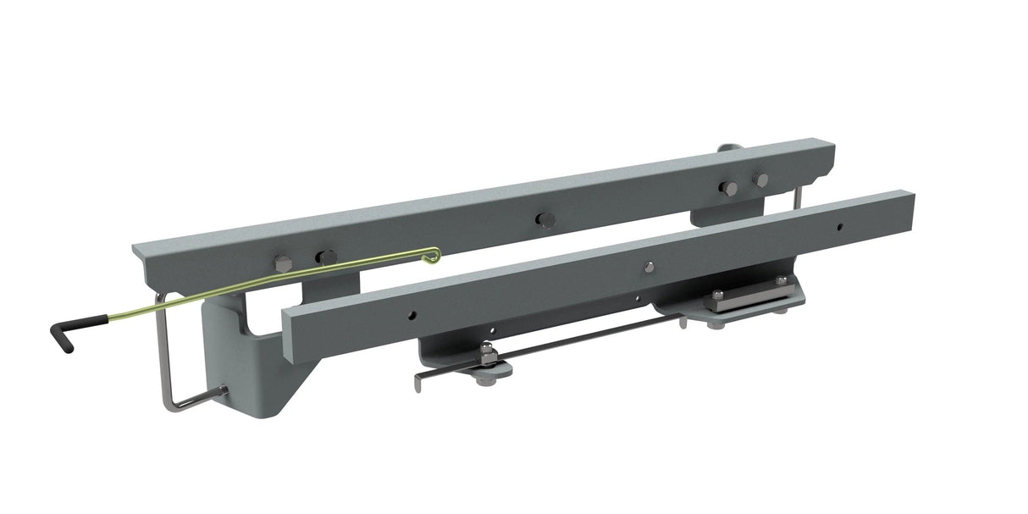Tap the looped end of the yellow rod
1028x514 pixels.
(x=433, y=252)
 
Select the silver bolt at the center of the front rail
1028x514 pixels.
(x=649, y=267)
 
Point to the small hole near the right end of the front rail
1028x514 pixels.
(x=838, y=226)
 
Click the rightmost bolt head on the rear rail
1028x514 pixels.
(x=760, y=180)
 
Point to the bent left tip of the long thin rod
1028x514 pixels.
(x=417, y=382)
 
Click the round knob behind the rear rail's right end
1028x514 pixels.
(x=725, y=148)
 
